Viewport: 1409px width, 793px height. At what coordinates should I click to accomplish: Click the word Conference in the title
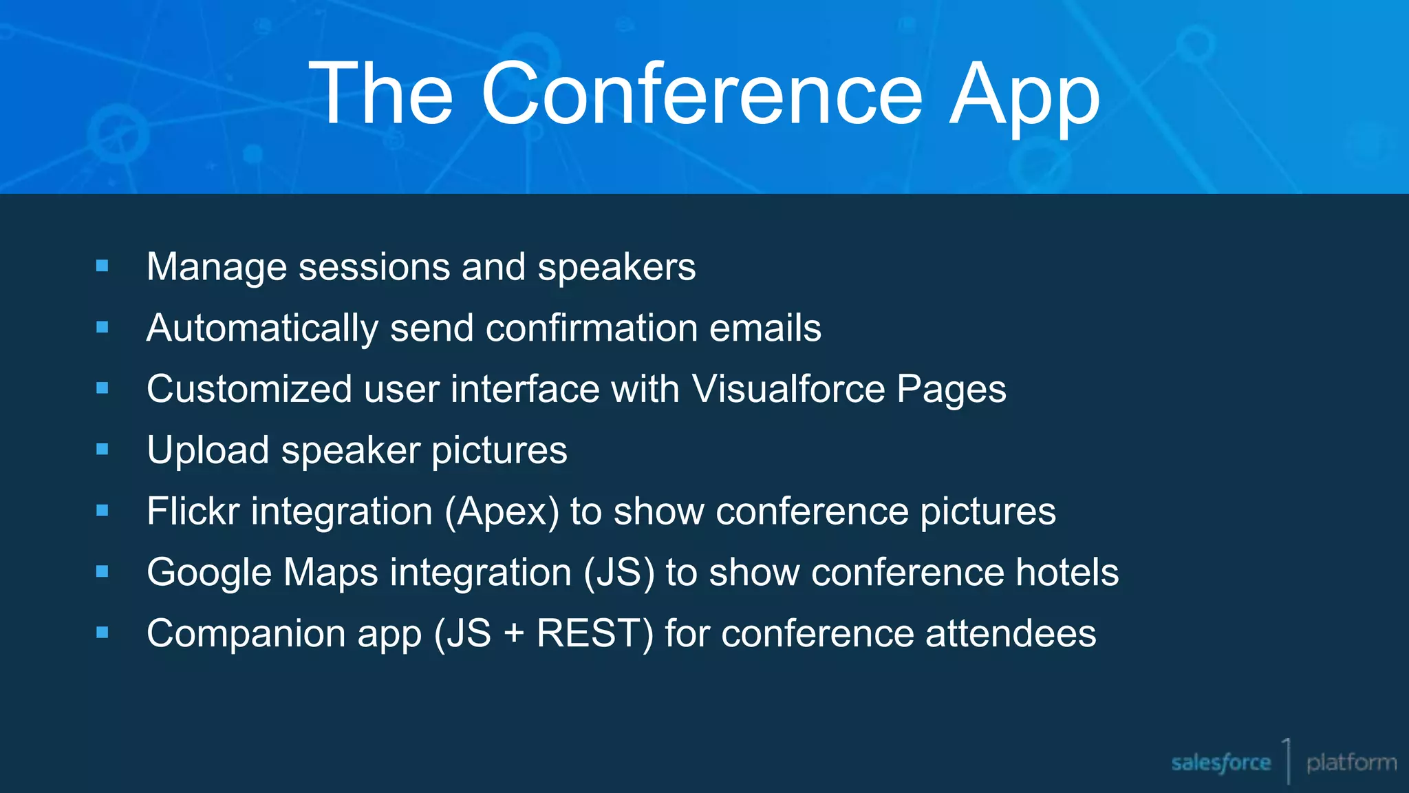[702, 94]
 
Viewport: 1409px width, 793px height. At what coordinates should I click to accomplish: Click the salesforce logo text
[1220, 763]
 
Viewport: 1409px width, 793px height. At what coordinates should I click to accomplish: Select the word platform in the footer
[1351, 763]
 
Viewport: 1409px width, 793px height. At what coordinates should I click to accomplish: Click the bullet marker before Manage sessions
[103, 266]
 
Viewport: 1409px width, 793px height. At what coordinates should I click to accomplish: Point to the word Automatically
[262, 328]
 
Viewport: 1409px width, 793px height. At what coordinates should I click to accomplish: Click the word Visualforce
[788, 389]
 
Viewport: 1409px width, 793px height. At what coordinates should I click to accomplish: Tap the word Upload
[208, 451]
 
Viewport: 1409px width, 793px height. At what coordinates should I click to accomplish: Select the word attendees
[1010, 634]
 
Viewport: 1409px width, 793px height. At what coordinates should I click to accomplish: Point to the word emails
[765, 328]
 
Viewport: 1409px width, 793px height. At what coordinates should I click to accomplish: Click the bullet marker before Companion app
[103, 633]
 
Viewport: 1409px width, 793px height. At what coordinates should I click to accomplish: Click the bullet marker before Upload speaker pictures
[103, 450]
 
